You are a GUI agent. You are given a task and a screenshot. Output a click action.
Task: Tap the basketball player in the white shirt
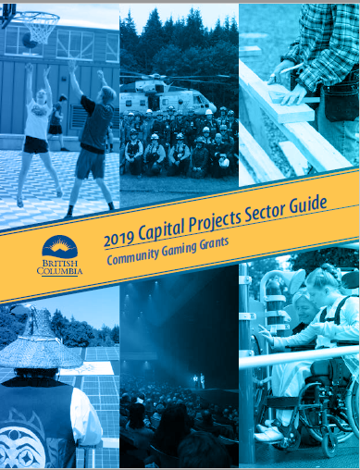coord(37,130)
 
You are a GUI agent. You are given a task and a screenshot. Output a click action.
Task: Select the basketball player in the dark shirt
coord(93,130)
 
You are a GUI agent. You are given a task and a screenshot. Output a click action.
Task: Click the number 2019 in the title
coord(124,241)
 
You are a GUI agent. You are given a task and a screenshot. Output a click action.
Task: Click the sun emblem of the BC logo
coord(60,248)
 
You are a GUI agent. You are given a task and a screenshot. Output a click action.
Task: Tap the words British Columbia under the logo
coord(59,267)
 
